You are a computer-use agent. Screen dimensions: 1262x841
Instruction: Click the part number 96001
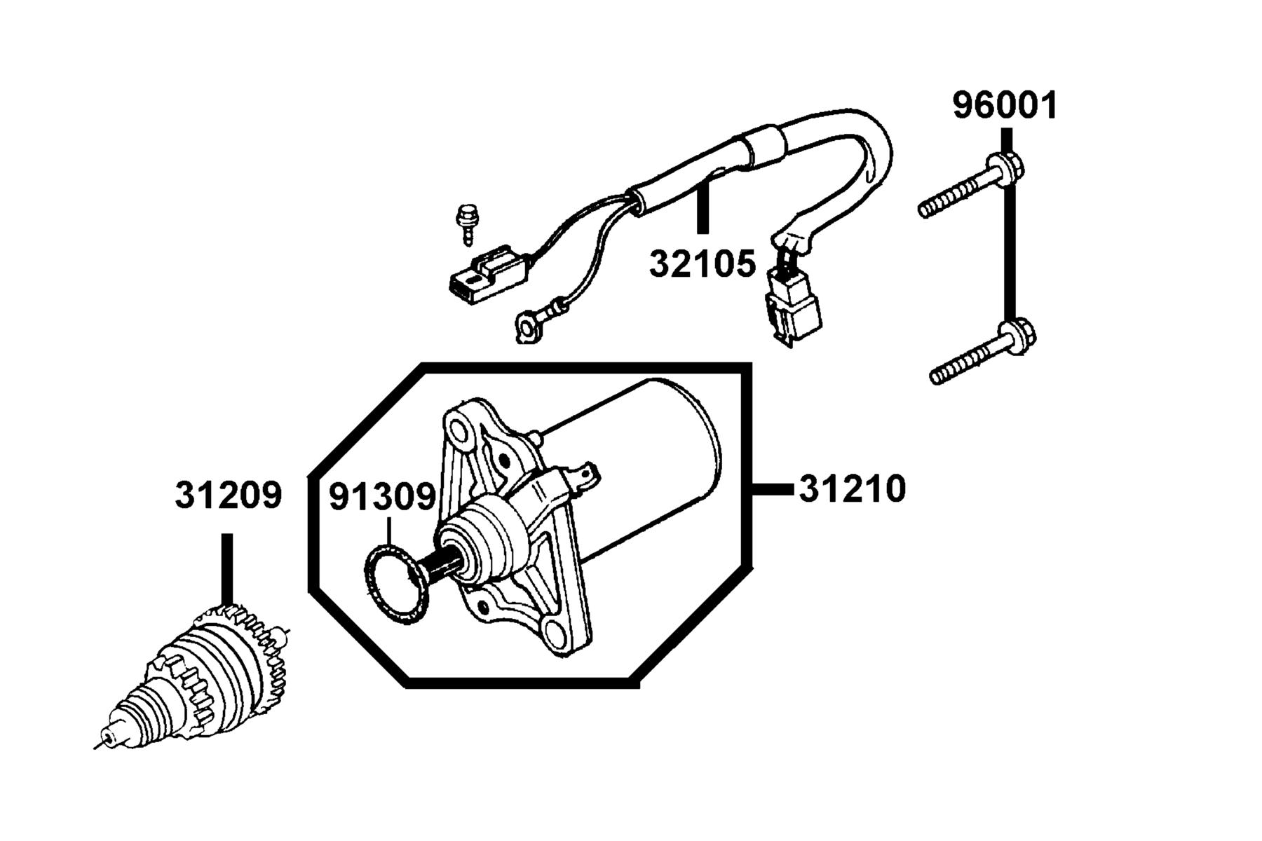point(1004,106)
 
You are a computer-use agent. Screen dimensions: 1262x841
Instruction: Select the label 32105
point(703,264)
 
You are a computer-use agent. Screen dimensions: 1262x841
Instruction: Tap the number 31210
point(853,488)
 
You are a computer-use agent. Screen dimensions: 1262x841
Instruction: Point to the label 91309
point(383,497)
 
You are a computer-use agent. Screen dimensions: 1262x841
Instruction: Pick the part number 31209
point(228,495)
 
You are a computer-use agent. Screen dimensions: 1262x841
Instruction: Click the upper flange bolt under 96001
point(971,186)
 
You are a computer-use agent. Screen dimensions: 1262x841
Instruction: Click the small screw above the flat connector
point(463,224)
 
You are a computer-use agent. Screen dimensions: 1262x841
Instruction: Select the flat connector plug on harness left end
point(488,275)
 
